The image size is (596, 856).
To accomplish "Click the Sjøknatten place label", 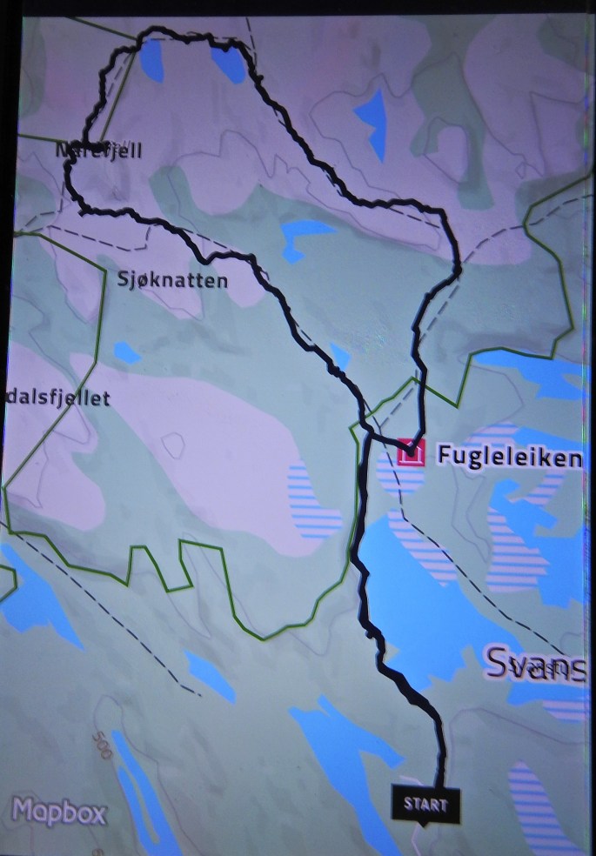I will pyautogui.click(x=172, y=280).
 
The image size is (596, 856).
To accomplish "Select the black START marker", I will pyautogui.click(x=425, y=805).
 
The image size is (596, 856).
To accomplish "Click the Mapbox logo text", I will pyautogui.click(x=59, y=813).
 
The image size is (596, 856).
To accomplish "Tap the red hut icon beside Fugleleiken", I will pyautogui.click(x=411, y=453).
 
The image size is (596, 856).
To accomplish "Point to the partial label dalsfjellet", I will pyautogui.click(x=56, y=398).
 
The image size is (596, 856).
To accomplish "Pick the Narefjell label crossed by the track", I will pyautogui.click(x=98, y=150).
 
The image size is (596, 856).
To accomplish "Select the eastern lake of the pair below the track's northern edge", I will pyautogui.click(x=228, y=63).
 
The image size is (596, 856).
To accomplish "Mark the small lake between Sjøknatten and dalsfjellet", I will pyautogui.click(x=127, y=352).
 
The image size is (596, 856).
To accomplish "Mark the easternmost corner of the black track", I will pyautogui.click(x=458, y=270).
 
